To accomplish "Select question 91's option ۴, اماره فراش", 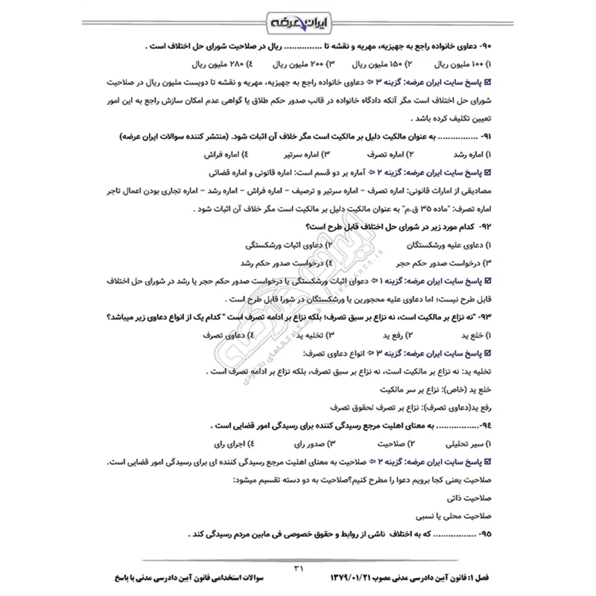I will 227,155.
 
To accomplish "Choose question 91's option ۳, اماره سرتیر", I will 309,155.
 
